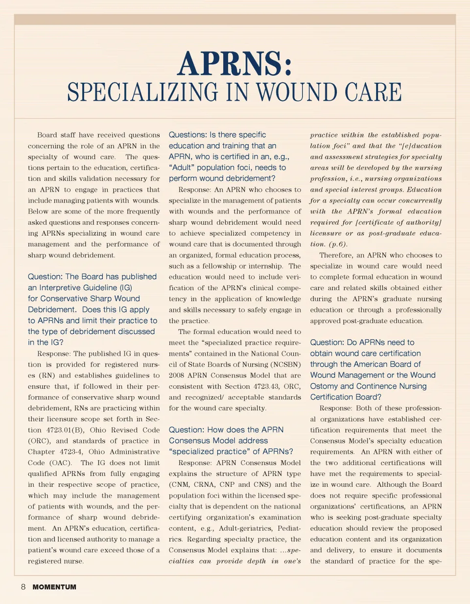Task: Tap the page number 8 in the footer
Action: (23, 586)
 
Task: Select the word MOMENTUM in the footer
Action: (54, 587)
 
